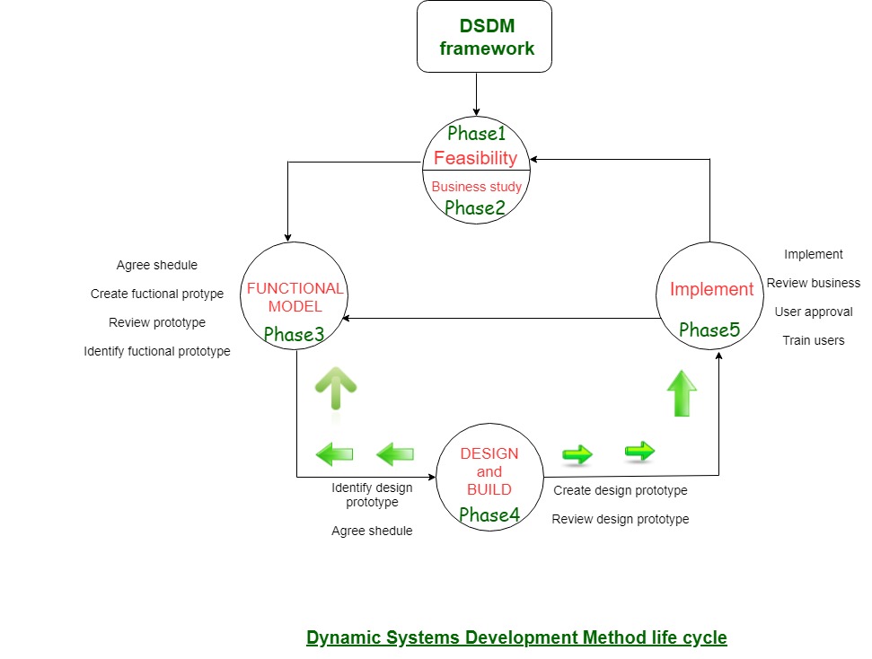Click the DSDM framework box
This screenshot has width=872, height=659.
coord(484,37)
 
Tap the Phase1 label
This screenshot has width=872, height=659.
coord(477,134)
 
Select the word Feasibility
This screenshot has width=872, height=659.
coord(476,158)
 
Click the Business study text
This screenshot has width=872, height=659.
coord(477,187)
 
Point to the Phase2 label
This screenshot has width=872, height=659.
coord(476,208)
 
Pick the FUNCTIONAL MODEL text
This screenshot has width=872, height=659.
coord(295,297)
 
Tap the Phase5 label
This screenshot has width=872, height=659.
coord(709,329)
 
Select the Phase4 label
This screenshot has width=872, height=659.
coord(489,514)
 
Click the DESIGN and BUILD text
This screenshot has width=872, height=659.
coord(489,471)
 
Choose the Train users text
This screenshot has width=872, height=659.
coord(813,340)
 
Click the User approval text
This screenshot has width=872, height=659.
coord(813,312)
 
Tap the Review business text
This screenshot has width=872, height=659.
coord(813,283)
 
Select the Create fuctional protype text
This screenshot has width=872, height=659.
coord(157,294)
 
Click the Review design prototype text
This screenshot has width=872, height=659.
coord(621,519)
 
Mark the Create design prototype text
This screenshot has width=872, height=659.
coord(621,490)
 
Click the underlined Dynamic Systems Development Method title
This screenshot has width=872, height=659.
coord(516,637)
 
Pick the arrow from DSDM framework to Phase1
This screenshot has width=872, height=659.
coord(476,94)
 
